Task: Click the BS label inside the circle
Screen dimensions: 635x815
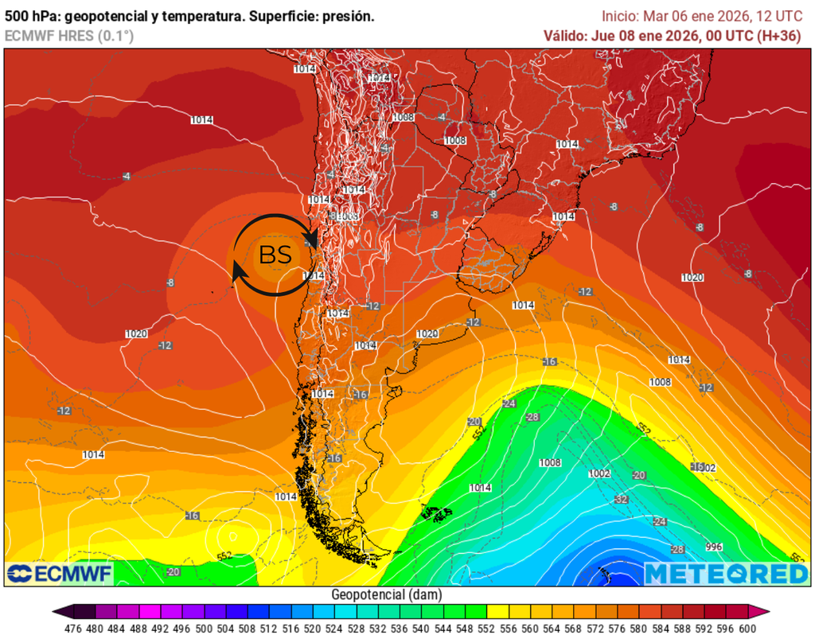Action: tap(275, 255)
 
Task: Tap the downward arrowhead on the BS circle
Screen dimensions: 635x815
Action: tap(314, 240)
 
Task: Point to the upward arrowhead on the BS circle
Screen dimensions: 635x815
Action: tap(236, 275)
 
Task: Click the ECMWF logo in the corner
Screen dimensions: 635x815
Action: tap(59, 574)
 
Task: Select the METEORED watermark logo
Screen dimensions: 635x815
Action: tap(725, 574)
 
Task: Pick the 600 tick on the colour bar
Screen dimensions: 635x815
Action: tap(747, 628)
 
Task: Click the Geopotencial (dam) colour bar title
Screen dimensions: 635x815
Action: tap(386, 594)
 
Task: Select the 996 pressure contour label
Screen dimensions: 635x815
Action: tap(714, 547)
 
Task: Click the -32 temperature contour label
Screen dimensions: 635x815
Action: tap(621, 500)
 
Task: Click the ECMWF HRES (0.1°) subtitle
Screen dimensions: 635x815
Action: tap(69, 36)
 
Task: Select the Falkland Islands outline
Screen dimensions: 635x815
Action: tap(439, 514)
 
